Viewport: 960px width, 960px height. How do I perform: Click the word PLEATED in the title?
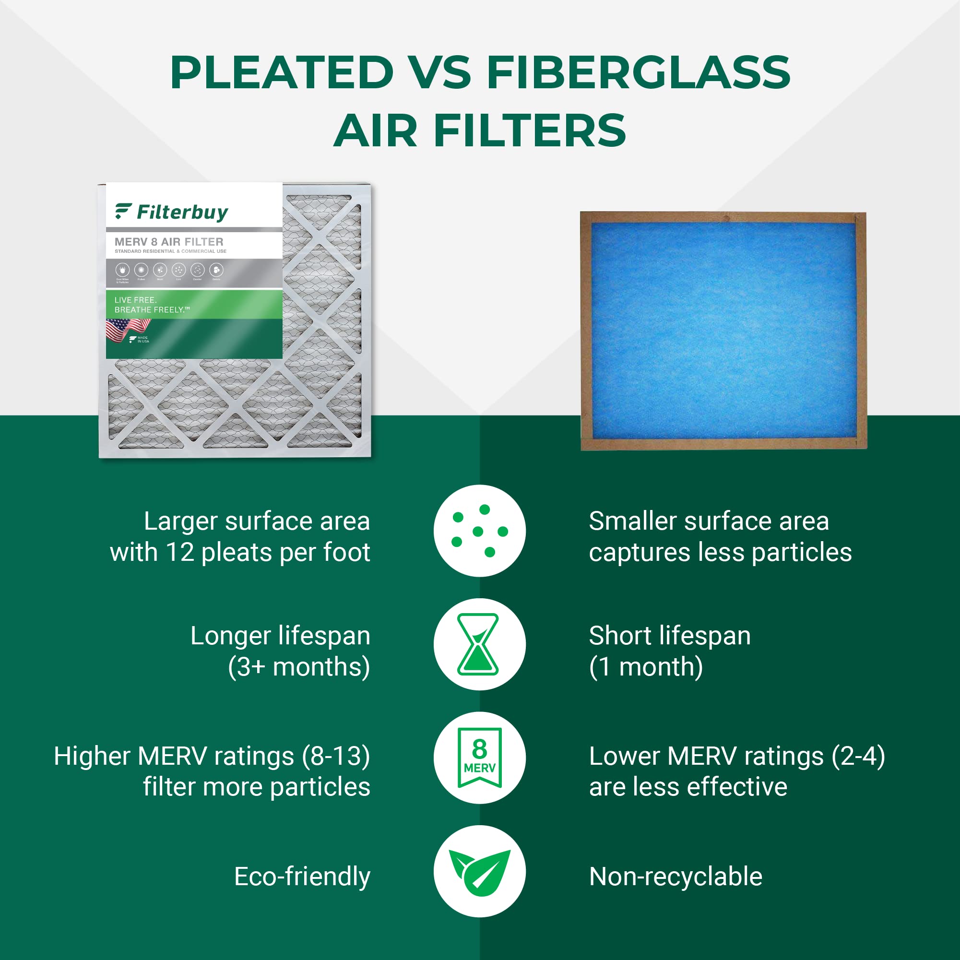(x=282, y=72)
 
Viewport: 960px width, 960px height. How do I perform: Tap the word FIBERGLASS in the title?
(x=638, y=72)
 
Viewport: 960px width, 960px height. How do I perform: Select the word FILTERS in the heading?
(x=530, y=130)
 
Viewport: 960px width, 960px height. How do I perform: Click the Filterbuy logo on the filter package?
(x=171, y=212)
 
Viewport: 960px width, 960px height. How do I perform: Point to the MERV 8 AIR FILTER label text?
(x=169, y=242)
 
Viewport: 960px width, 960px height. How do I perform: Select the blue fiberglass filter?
(x=723, y=331)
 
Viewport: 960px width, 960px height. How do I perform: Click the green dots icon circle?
(x=479, y=531)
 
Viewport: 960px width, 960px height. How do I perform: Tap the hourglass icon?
(x=478, y=644)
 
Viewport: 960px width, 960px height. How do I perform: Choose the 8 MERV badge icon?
(x=479, y=758)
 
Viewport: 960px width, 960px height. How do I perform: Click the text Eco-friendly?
(x=302, y=877)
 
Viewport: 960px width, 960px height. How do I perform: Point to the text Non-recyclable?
(x=676, y=877)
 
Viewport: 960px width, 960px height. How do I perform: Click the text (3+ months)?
(x=298, y=666)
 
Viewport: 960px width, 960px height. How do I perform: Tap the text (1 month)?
(x=646, y=666)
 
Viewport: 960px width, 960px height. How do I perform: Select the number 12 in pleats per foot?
(x=179, y=553)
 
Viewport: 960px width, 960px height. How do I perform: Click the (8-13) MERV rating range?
(x=336, y=756)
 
